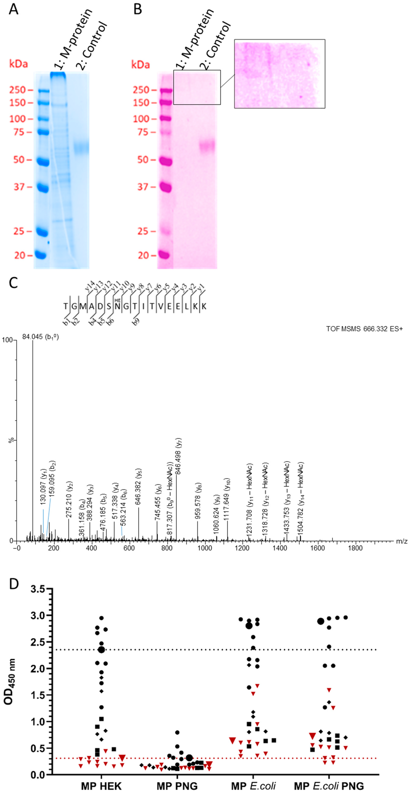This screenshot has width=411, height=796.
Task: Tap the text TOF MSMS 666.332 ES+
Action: [x=364, y=329]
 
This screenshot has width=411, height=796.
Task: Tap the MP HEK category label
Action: [x=101, y=786]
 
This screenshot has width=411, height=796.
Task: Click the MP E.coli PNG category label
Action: [x=329, y=786]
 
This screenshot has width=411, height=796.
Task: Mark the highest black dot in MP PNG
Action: [x=177, y=732]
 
